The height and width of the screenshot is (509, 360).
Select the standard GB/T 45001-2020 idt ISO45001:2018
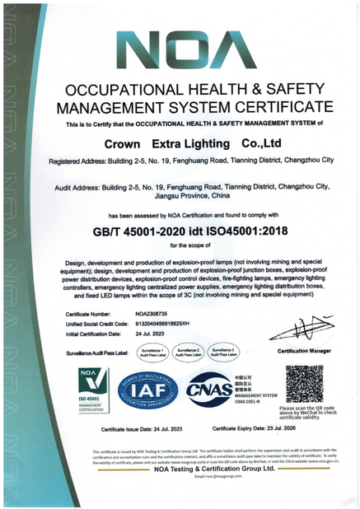click(180, 231)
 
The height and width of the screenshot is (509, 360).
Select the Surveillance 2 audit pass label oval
click(188, 352)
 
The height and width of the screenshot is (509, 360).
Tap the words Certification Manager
click(303, 352)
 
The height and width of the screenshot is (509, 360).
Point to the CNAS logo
click(211, 389)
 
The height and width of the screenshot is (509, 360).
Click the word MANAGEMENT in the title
click(106, 107)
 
